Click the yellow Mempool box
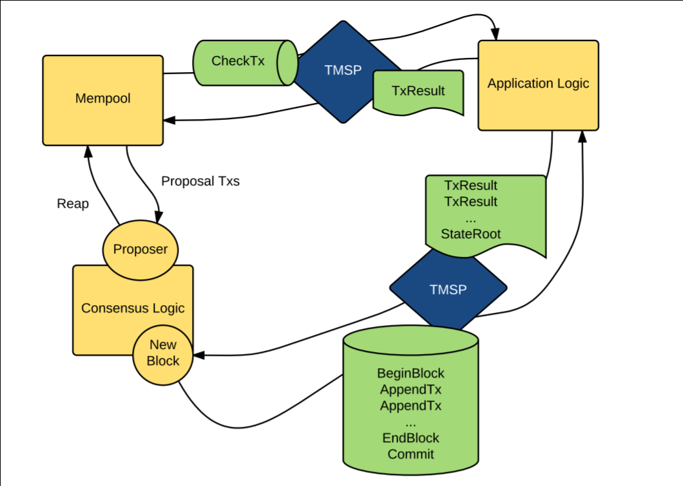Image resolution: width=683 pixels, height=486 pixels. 102,100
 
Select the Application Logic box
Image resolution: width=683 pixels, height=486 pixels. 538,84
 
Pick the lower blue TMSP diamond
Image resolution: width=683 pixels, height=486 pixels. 447,290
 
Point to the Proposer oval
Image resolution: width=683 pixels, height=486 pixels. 140,250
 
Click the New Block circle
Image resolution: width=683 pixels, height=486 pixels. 163,353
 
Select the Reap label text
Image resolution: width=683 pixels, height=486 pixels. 73,204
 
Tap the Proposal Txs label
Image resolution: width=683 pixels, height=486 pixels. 200,182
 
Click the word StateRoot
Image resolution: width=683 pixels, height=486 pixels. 470,233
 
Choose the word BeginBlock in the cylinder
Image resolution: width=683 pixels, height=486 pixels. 410,373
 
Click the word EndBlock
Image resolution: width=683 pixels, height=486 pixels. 410,438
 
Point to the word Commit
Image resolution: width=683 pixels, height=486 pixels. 410,454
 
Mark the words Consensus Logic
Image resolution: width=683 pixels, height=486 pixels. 133,308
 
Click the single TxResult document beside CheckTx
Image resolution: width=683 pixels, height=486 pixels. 418,92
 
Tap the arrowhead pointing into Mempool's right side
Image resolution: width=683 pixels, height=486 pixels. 169,120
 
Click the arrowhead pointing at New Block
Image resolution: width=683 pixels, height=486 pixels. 198,354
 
